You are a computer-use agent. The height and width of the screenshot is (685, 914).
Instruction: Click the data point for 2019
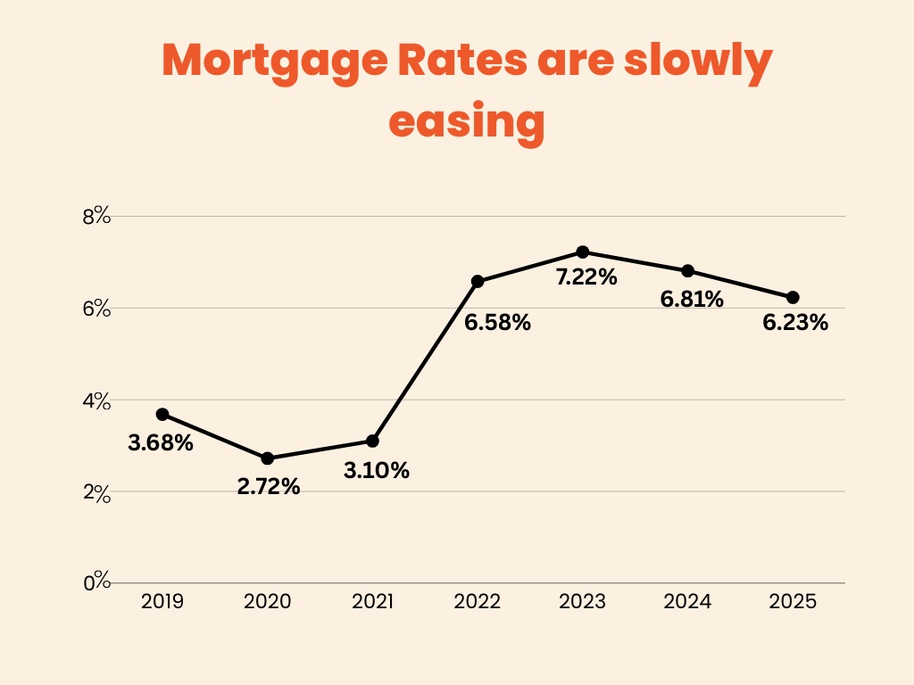162,414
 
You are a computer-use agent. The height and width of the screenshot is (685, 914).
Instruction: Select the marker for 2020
267,458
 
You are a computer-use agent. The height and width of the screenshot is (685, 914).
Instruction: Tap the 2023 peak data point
583,252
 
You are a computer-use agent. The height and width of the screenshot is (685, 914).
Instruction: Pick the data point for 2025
793,297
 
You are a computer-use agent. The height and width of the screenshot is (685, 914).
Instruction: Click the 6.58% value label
497,323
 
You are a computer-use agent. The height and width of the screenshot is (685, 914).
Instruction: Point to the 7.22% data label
586,277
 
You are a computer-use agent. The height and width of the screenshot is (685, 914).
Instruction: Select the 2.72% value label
269,488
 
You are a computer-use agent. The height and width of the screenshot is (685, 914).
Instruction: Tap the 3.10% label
377,471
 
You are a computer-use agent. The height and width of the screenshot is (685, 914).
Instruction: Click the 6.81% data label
692,300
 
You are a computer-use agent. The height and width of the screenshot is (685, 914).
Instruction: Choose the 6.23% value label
795,323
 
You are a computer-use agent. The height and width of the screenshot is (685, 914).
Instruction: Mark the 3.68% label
161,442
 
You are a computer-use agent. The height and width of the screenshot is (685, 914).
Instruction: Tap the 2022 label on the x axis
478,602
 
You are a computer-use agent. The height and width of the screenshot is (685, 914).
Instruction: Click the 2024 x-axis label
687,602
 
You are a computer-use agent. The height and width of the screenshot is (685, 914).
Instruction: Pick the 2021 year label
372,602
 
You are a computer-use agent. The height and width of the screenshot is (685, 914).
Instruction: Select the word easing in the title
467,120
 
